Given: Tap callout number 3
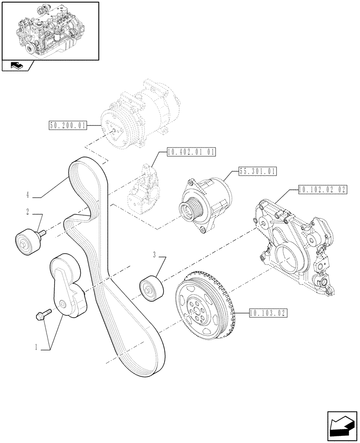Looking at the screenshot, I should [154, 254].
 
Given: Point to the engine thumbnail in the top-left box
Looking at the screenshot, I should [50, 30].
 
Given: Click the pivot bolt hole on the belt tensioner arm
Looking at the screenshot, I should [62, 304].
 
